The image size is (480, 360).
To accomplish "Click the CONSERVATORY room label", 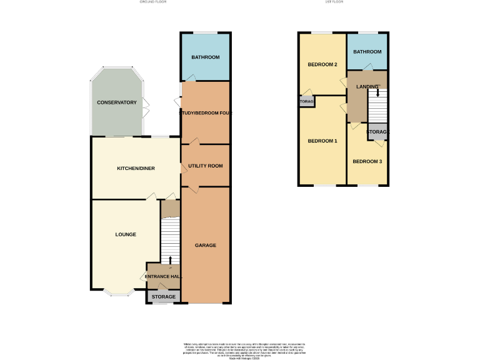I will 116,102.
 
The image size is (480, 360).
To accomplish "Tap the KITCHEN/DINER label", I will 136,168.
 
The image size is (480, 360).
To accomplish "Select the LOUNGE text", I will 126,234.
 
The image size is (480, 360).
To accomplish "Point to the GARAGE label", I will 205,245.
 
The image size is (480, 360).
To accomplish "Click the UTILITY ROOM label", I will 206,166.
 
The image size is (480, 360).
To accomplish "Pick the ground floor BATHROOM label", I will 205,57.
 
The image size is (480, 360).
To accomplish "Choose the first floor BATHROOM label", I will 367,52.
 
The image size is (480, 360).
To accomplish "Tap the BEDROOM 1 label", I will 322,141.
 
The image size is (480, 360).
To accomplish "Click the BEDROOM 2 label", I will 322,64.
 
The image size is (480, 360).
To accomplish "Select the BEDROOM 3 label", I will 367,161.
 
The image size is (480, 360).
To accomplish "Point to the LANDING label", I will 367,86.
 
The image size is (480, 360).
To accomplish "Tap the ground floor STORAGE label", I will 164,296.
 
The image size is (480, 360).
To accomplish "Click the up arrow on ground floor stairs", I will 171,259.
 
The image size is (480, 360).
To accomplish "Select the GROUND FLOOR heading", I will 152,2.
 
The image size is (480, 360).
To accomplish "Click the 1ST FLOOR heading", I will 335,2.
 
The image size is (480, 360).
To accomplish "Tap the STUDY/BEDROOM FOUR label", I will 206,113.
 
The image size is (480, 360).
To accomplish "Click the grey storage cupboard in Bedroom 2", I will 306,101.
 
